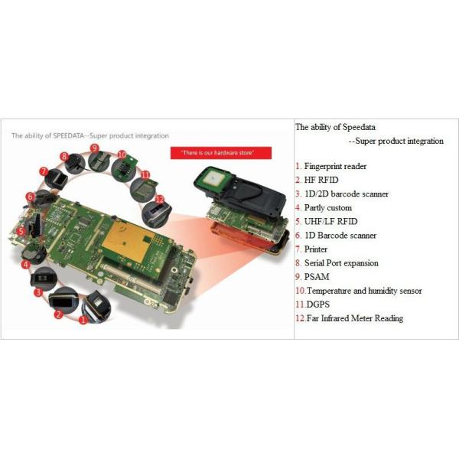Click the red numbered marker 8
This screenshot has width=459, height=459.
coord(64,156)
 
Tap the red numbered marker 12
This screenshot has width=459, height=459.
coord(160,200)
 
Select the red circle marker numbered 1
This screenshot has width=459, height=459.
coord(83,320)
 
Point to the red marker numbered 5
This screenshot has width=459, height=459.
coord(21,232)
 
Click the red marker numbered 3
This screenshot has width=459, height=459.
coord(38,292)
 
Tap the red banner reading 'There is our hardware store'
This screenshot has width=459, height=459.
coord(221,153)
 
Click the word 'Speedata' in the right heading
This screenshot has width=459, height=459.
coord(359,127)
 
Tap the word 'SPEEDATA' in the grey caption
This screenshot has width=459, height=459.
coord(68,136)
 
